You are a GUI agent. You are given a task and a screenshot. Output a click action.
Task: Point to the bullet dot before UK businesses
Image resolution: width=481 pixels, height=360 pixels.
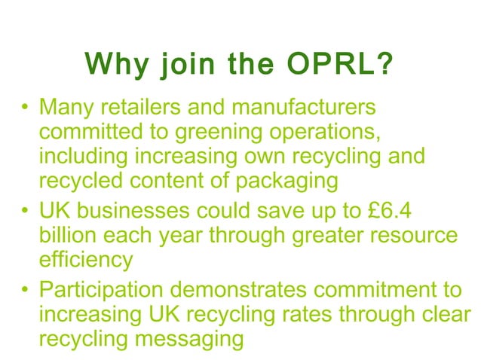pos(25,212)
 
